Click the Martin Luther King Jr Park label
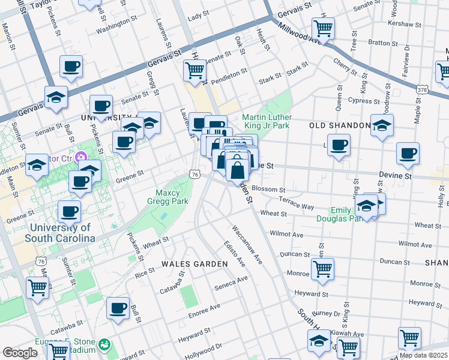pos(266,121)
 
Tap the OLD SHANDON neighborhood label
pos(340,125)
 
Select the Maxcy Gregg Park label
pos(172,197)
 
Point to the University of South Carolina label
pos(59,233)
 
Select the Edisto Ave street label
pos(234,254)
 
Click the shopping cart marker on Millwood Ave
pos(324,28)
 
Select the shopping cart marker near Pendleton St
pos(195,70)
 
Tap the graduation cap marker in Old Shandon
pos(382,125)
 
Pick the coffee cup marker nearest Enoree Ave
pos(118,308)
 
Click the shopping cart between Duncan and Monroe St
pos(323,269)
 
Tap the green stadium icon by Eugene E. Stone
pos(106,344)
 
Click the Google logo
pos(20,353)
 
